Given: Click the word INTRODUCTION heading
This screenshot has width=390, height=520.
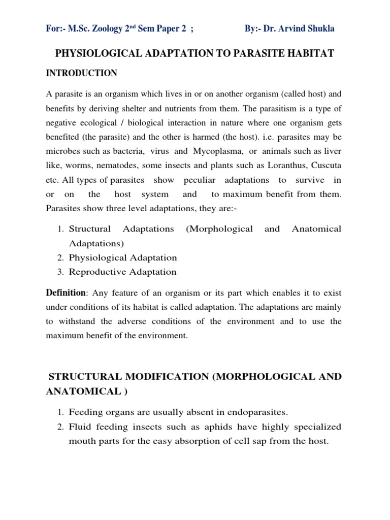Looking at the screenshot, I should tap(81, 74).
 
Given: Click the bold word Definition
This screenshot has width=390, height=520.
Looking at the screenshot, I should tap(66, 293).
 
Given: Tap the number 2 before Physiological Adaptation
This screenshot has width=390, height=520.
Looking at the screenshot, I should tap(60, 258).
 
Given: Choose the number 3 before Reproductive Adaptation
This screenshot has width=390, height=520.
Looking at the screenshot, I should tap(60, 272).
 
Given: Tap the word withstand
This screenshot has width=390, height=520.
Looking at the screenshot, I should tap(77, 321).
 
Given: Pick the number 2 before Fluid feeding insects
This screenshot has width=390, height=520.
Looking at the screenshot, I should tap(60, 427).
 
